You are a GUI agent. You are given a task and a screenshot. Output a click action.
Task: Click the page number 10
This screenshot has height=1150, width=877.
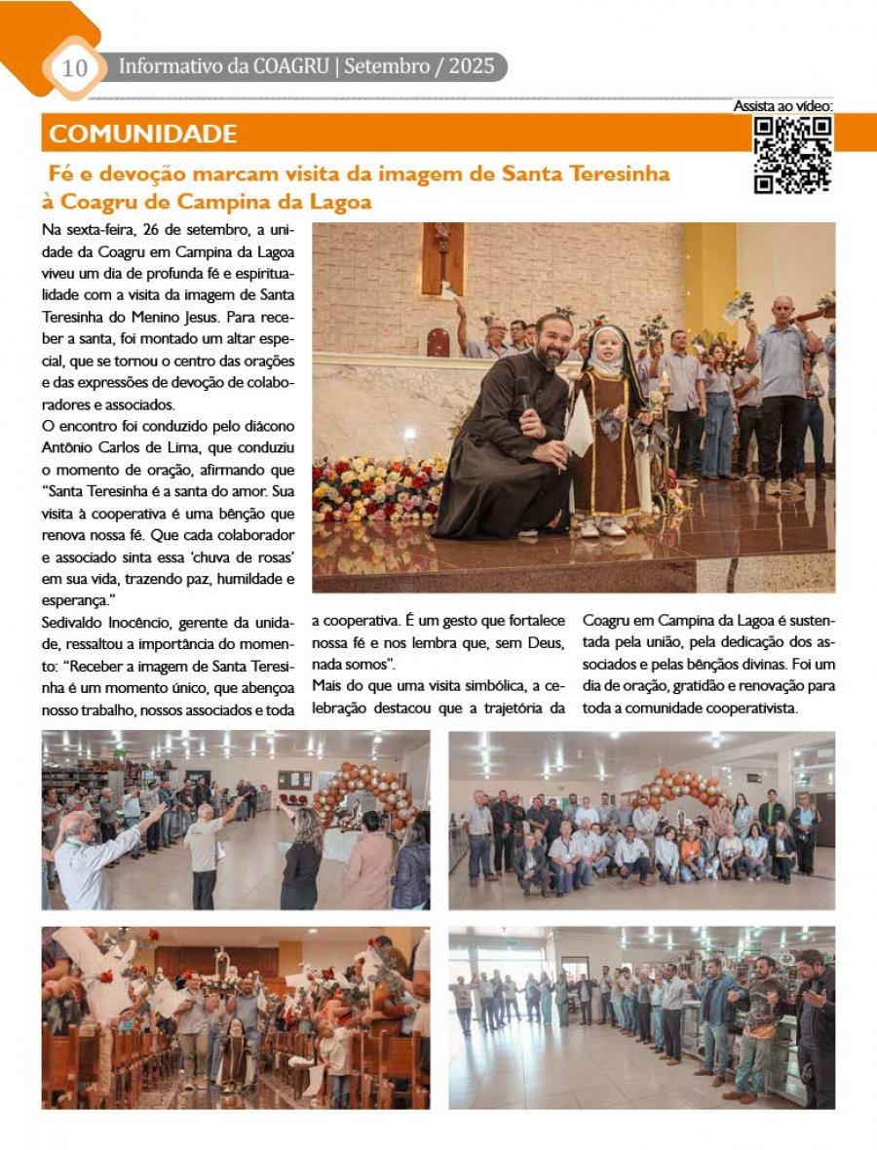(x=74, y=67)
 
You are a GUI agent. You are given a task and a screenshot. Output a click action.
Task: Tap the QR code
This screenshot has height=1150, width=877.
(x=793, y=155)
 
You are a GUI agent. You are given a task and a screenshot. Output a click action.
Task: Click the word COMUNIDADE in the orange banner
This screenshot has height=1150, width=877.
(x=142, y=134)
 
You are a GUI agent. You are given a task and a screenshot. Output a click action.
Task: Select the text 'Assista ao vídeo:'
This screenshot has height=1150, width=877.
(x=782, y=105)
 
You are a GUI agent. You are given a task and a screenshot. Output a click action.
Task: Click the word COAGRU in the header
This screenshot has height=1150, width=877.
(x=289, y=67)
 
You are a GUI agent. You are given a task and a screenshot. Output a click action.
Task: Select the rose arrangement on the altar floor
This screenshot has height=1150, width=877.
(x=375, y=487)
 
